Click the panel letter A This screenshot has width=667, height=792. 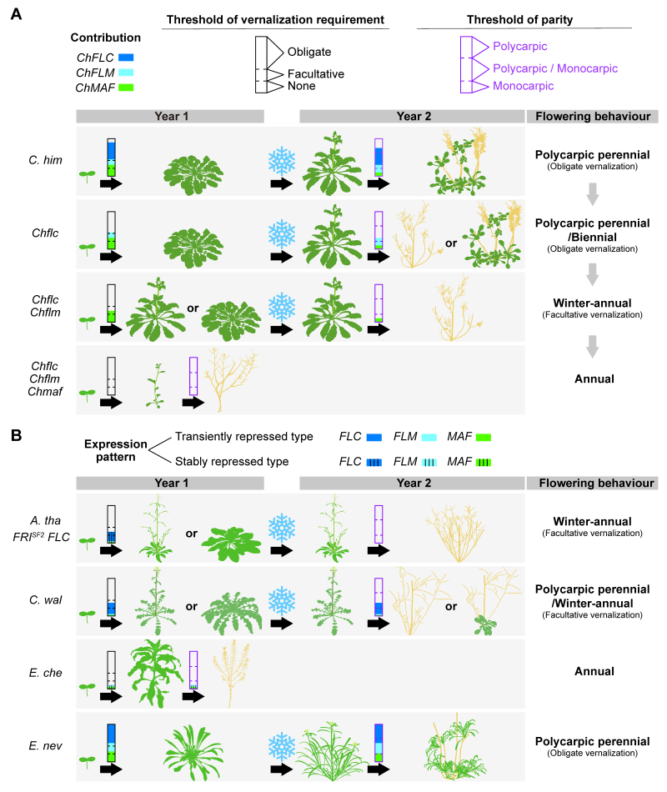pyautogui.click(x=15, y=14)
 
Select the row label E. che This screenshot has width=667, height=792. pyautogui.click(x=39, y=671)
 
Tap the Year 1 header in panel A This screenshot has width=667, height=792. pyautogui.click(x=170, y=116)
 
